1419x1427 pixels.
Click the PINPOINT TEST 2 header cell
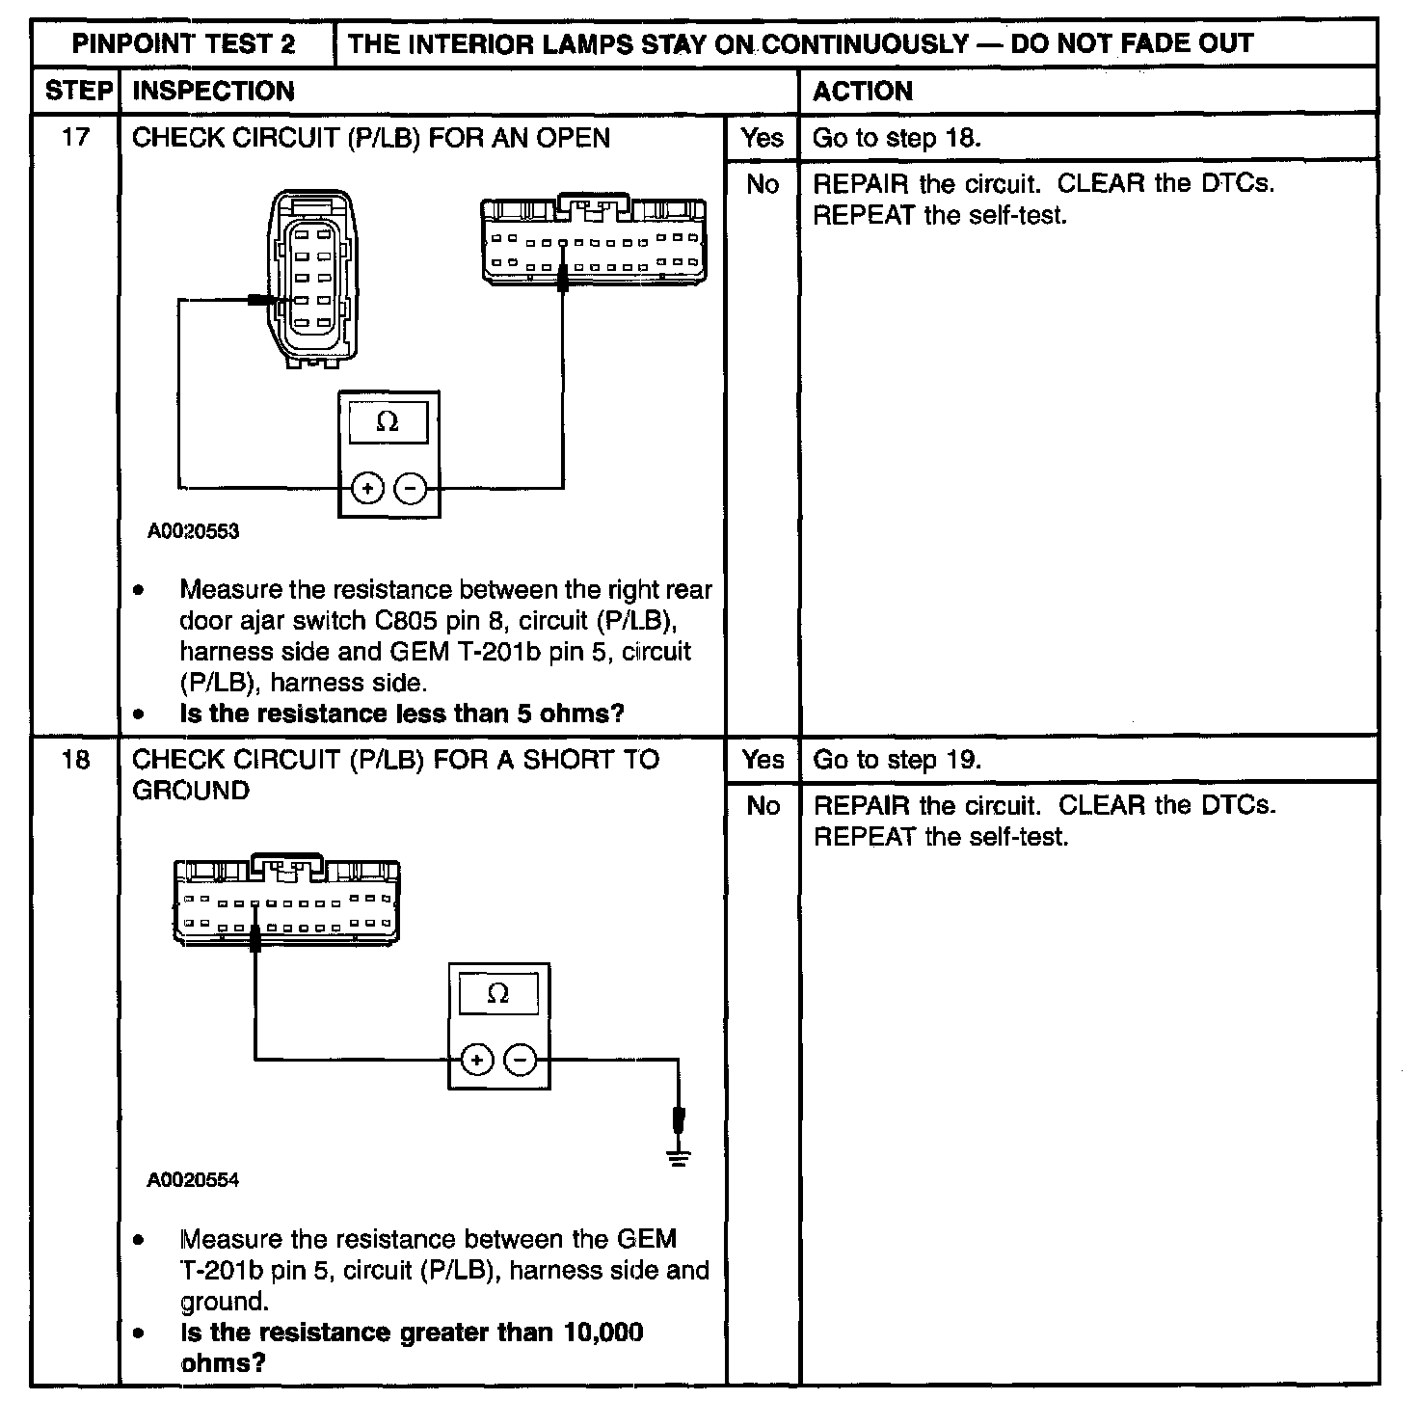(183, 43)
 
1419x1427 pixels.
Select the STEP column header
(76, 92)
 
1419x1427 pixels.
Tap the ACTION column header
(863, 92)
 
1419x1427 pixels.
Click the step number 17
(75, 137)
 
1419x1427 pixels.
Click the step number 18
(75, 760)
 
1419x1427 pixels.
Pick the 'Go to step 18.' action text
(897, 138)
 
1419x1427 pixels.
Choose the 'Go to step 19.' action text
(897, 760)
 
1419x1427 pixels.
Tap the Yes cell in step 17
(763, 138)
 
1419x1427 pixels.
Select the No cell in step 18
(763, 806)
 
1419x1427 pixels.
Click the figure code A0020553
(193, 531)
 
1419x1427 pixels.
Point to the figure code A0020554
(193, 1180)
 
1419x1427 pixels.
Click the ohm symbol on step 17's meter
(388, 422)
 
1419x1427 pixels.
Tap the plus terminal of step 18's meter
(476, 1061)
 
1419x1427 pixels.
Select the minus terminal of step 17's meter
(412, 489)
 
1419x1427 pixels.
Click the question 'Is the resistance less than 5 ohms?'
(402, 713)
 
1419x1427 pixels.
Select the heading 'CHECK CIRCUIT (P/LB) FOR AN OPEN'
(371, 138)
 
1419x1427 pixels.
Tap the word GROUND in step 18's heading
(190, 791)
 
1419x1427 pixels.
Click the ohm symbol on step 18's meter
(498, 993)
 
